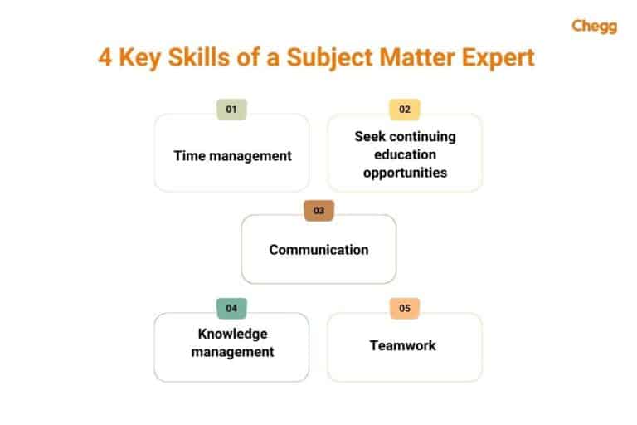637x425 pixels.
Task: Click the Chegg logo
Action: coord(594,26)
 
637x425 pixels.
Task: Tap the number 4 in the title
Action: coord(105,60)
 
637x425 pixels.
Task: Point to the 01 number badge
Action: coord(231,109)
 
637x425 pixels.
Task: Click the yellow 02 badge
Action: coord(405,109)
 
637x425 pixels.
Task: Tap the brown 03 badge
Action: coord(318,211)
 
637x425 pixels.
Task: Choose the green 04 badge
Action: coord(231,308)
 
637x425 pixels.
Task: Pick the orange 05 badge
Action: coord(405,308)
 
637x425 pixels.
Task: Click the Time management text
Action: coord(232,155)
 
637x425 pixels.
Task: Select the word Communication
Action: coord(318,249)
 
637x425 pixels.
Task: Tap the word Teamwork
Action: coord(403,344)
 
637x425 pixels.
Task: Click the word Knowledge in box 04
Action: coord(232,334)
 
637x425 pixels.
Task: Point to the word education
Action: coord(405,154)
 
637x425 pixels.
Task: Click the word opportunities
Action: coord(405,173)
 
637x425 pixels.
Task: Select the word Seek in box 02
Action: coord(370,136)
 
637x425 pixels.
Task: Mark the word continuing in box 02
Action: coord(422,136)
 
